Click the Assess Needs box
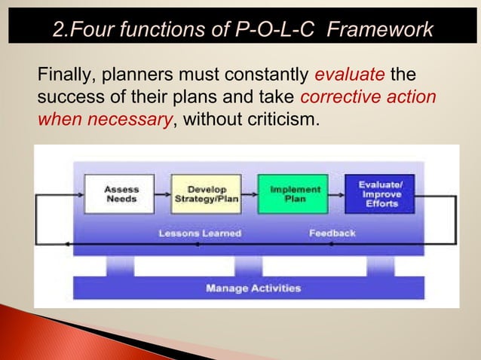coord(121,194)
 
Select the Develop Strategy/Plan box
coord(206,194)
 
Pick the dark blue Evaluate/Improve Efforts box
coord(379,194)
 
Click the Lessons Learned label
coord(200,233)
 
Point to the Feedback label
coord(332,233)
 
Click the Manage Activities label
coord(253,288)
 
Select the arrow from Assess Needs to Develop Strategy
coord(162,194)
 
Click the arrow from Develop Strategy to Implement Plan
coord(249,194)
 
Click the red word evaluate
coord(349,75)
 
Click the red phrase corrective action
coord(367,96)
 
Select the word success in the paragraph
coord(68,96)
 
